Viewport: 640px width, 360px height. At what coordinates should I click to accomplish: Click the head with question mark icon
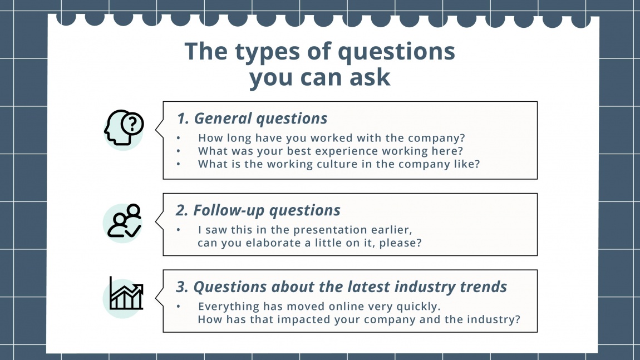click(x=124, y=128)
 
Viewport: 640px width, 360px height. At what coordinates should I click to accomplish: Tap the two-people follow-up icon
click(x=124, y=221)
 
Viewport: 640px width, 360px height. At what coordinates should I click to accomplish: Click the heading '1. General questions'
click(x=252, y=119)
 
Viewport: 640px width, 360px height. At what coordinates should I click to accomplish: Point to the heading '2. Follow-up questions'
click(x=258, y=210)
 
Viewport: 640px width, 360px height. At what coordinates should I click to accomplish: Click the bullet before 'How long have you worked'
click(x=178, y=137)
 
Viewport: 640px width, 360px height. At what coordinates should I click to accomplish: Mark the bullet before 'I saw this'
click(x=178, y=229)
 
